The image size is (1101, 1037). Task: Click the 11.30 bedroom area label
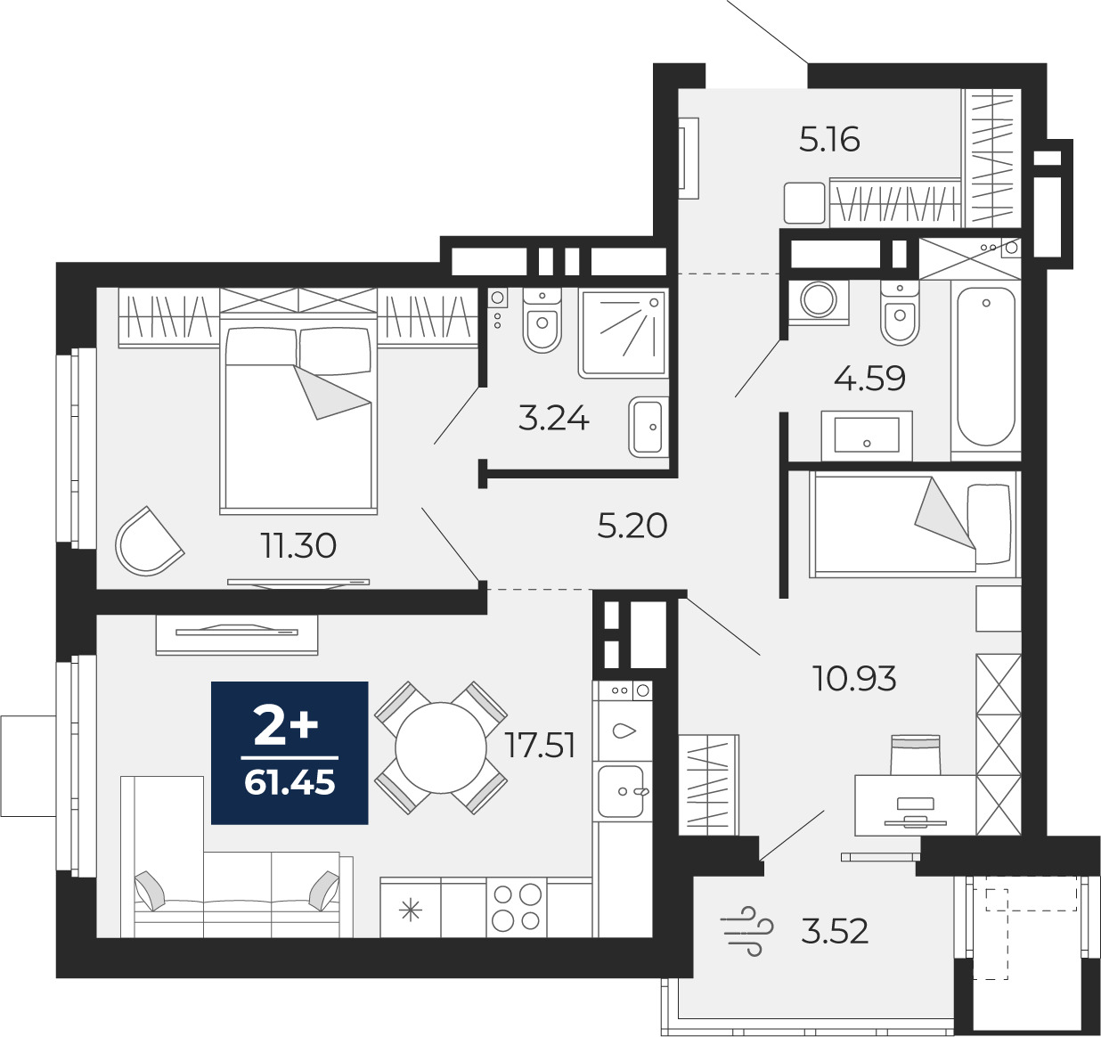298,546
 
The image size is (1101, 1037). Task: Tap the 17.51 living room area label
540,746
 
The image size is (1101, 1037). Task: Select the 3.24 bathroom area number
554,419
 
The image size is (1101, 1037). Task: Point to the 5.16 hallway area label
830,140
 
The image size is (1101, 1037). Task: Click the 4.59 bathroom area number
869,379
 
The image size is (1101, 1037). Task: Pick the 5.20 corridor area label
632,526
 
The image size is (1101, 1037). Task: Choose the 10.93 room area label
853,678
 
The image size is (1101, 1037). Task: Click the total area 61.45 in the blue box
290,783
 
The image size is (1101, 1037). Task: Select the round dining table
441,747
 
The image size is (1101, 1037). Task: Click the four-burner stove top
517,907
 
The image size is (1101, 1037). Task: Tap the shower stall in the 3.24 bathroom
624,333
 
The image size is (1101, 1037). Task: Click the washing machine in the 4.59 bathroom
819,300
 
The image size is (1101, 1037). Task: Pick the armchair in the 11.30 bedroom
149,542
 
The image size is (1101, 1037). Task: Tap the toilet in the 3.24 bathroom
542,321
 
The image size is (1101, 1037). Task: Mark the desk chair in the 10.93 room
916,755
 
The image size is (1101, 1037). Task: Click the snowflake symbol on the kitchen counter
411,910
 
